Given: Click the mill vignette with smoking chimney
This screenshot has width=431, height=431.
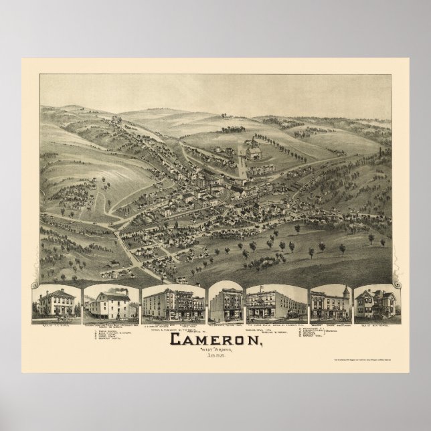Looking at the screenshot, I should pos(111,303).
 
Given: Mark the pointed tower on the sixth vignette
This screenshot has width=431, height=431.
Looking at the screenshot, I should pos(345,292).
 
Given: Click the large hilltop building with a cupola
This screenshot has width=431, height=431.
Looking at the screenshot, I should pos(253,153).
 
